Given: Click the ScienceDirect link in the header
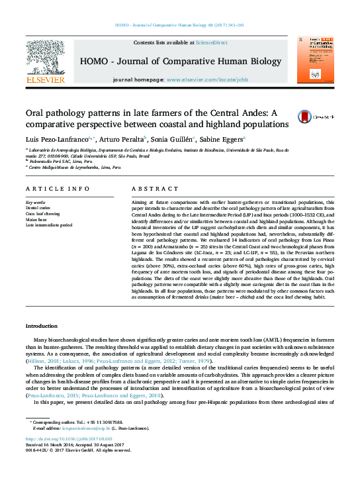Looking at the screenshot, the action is point(211,42).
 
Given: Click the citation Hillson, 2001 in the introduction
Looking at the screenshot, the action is point(42,362).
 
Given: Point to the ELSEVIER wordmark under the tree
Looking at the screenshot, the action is point(45,80).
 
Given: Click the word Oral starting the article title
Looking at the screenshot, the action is point(35,113).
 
